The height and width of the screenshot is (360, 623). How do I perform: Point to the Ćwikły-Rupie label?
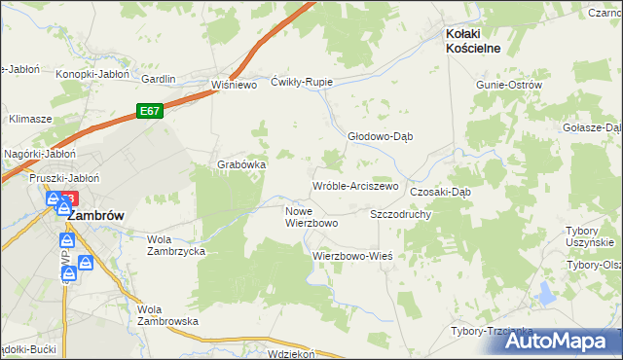pos(302,82)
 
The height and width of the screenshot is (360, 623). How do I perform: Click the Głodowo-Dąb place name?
pos(382,137)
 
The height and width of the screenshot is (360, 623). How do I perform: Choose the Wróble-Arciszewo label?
pos(355,186)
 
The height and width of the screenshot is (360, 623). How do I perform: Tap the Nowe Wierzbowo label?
pos(311,217)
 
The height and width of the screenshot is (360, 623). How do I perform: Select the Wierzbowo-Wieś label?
pos(351,256)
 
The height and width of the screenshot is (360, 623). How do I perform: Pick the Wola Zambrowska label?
pos(168,314)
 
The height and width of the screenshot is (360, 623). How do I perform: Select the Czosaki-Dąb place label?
pos(440,192)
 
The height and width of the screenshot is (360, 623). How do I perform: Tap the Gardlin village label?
pos(159,79)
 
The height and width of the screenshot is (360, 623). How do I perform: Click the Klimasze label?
pos(30,119)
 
